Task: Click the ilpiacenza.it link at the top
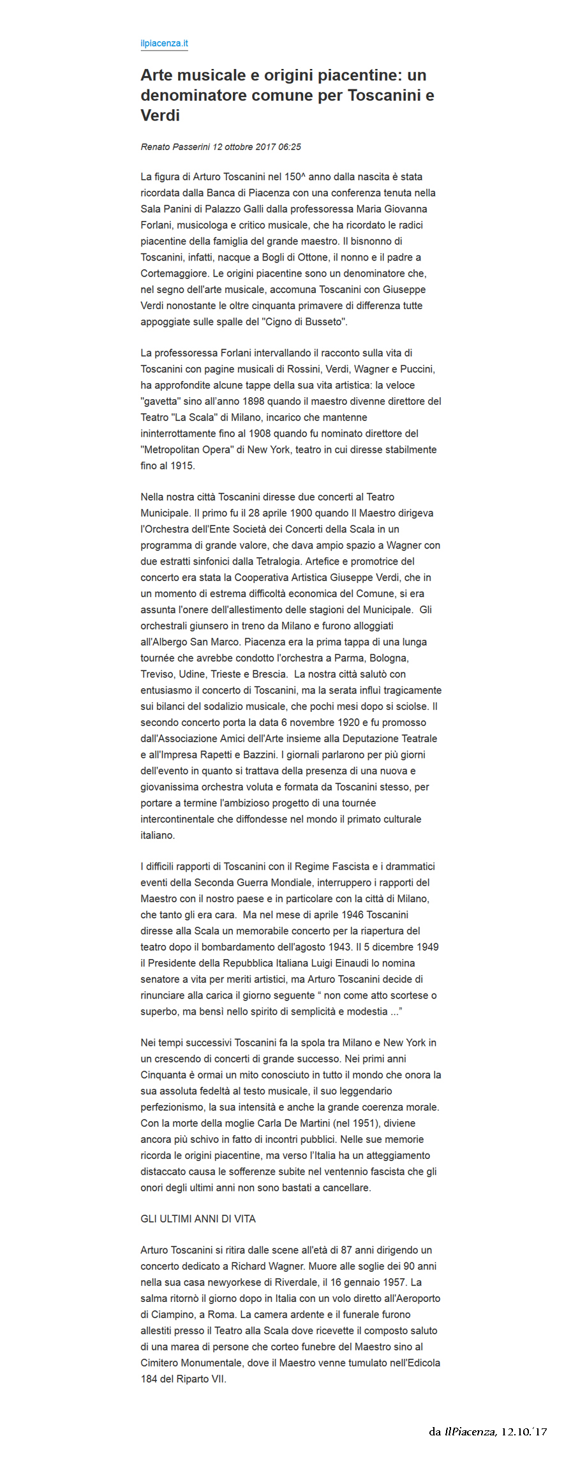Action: point(164,43)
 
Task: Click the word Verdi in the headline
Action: point(160,116)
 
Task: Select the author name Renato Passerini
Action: point(175,147)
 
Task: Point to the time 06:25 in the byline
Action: point(290,147)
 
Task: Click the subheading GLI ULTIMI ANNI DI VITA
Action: point(198,1219)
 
